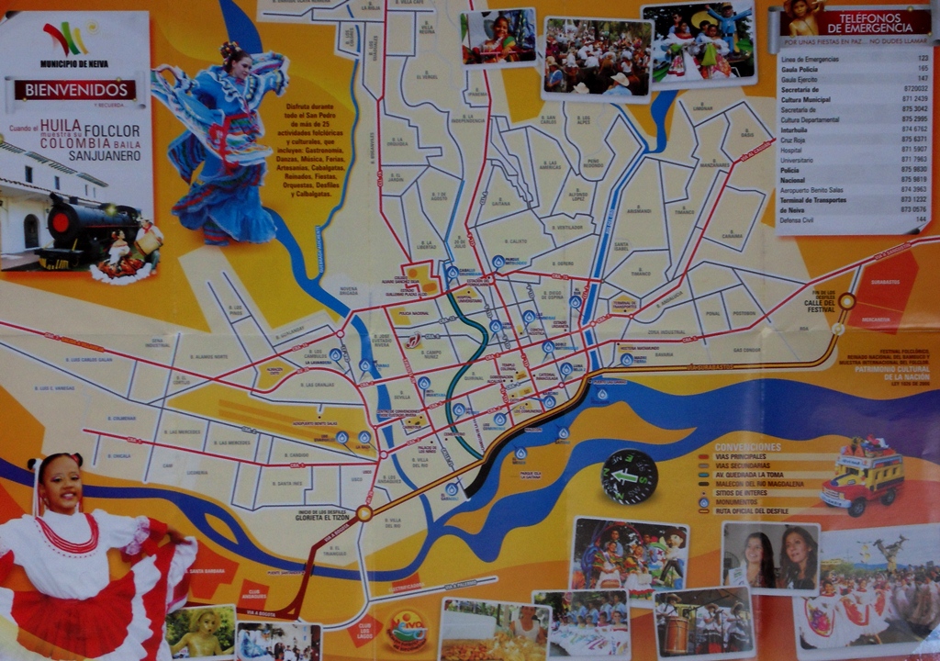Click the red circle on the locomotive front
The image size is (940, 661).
click(62, 222)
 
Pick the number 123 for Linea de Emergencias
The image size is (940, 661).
click(922, 58)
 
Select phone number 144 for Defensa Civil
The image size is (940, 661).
click(922, 220)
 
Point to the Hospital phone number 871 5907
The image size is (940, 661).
click(913, 150)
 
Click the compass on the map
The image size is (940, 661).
click(630, 476)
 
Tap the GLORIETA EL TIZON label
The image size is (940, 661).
click(327, 516)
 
